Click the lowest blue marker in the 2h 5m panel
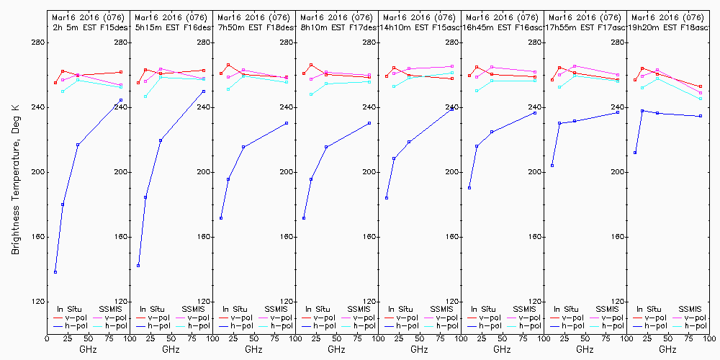coord(55,272)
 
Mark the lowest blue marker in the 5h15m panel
coord(138,266)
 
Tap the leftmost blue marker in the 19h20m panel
coord(635,153)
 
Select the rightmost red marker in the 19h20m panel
coord(701,86)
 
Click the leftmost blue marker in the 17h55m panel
coord(552,166)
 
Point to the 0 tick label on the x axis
coord(47,336)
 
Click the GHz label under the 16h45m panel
coord(502,349)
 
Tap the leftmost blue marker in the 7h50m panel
coord(221,218)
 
